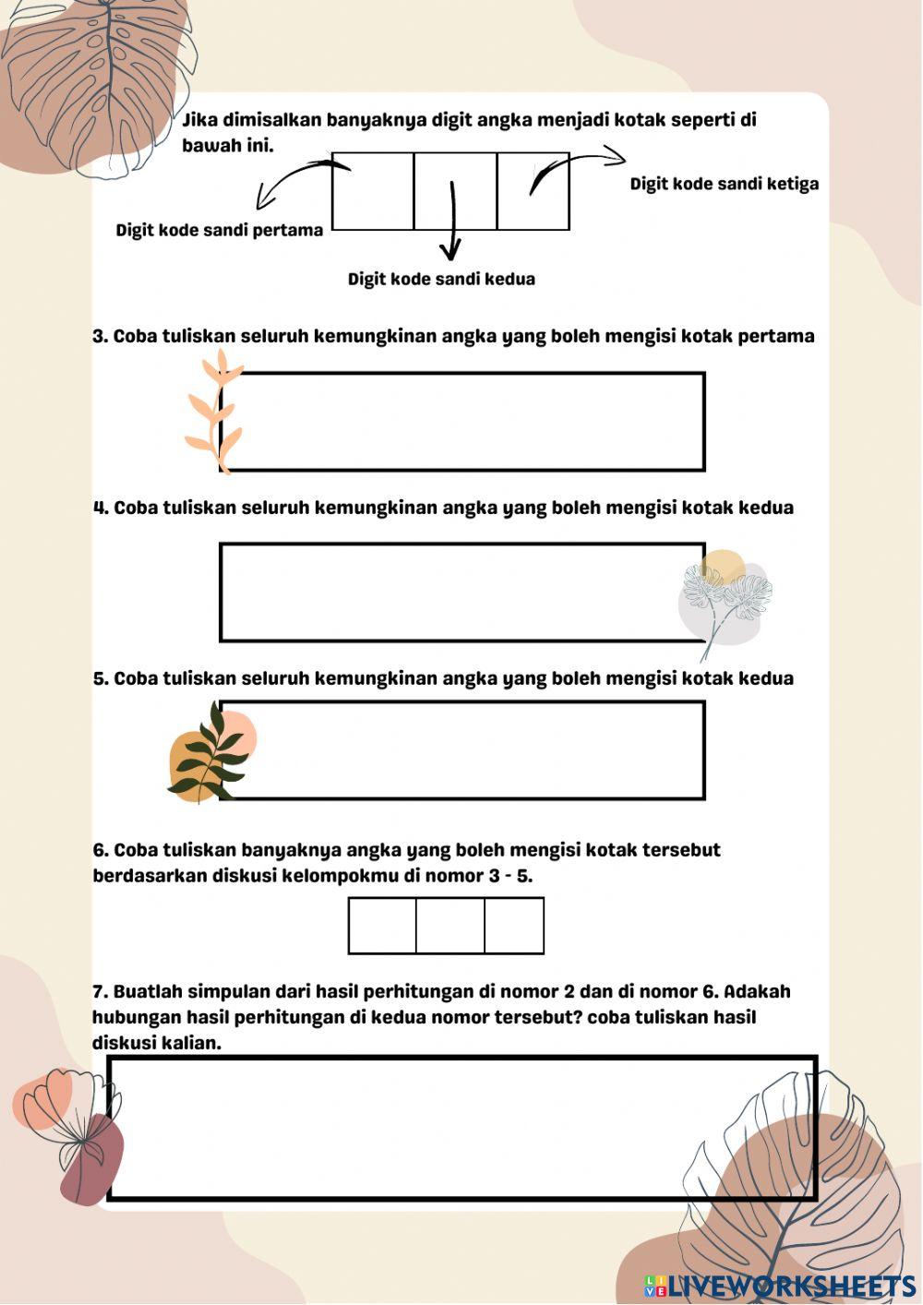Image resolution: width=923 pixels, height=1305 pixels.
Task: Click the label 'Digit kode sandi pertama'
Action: click(220, 230)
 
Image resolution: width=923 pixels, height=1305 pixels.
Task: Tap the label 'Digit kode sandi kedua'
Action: click(441, 279)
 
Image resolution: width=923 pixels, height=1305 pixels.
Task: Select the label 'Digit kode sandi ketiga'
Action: click(724, 184)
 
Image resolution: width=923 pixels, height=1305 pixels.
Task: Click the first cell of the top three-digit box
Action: click(373, 191)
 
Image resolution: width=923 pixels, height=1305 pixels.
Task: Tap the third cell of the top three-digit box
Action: click(533, 191)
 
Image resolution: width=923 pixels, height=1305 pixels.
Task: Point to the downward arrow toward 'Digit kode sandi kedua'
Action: click(451, 221)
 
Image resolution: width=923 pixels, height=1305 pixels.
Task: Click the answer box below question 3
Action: click(462, 422)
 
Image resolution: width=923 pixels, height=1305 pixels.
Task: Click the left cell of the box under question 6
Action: click(382, 926)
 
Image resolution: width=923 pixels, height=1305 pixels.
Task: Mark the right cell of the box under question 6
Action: click(514, 926)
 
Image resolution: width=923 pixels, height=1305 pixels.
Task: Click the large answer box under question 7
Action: click(462, 1128)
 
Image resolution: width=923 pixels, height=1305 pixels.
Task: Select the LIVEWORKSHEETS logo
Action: click(780, 1285)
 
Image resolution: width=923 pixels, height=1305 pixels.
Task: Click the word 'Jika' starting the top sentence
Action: click(200, 120)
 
